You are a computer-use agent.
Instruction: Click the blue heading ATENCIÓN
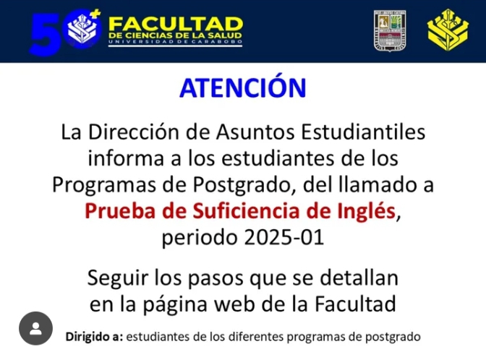point(243,87)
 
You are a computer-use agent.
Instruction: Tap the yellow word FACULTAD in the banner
point(176,24)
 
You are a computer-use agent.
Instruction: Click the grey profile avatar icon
point(35,328)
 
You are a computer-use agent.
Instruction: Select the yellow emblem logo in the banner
point(448,30)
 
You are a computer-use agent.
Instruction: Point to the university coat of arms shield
point(390,30)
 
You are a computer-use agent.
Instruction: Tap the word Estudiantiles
point(363,132)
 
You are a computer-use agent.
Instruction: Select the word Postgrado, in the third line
point(244,185)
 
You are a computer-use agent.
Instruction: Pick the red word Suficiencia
point(247,211)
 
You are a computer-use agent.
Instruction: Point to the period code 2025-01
point(284,238)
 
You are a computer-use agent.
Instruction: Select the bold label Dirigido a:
point(94,336)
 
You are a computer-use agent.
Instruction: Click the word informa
point(126,158)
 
